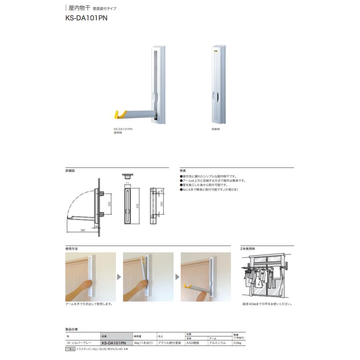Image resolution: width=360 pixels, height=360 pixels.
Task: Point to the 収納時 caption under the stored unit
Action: coord(216,129)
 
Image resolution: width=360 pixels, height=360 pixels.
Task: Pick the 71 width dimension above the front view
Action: coord(127,183)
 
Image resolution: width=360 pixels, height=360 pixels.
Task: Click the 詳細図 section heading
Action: coord(70,170)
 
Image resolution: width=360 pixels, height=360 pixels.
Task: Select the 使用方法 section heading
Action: coord(72,248)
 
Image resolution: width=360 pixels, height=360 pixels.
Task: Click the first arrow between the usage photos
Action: coord(119,276)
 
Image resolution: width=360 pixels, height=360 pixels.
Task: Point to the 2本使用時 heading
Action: coord(248,248)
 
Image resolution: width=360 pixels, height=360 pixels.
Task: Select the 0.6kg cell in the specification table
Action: coord(238,343)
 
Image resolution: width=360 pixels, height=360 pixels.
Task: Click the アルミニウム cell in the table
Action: coord(218,343)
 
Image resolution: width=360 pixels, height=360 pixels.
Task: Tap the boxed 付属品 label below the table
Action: coord(70,349)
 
